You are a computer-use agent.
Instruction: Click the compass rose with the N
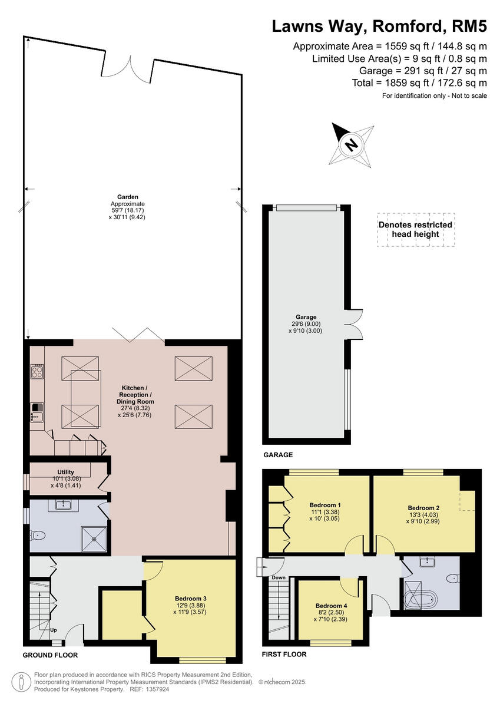point(352,145)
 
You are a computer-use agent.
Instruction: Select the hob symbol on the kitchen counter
point(37,371)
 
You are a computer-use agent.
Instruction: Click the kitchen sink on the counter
point(37,412)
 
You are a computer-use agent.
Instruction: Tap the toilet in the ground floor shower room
point(39,536)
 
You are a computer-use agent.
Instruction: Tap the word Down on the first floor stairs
point(279,577)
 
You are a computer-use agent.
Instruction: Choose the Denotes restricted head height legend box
point(416,229)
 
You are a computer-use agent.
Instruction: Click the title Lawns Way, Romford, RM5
point(379,27)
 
